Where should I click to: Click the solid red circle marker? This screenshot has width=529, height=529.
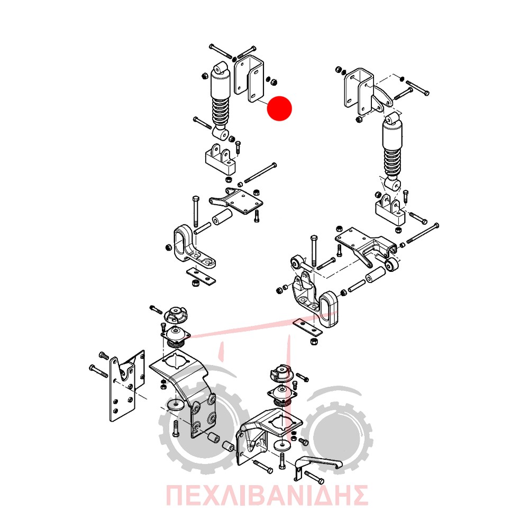pos(279,108)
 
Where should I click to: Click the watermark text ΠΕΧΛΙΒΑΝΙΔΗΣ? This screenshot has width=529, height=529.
pos(267,495)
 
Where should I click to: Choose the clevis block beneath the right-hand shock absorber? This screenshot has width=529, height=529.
pos(391,211)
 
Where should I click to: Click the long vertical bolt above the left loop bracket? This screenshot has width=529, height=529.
pos(196,211)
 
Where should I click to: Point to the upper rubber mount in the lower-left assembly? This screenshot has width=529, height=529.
pos(175,315)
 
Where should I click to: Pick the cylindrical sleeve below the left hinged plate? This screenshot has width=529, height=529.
pos(222,216)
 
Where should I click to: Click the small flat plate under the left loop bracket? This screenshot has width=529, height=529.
pos(202,275)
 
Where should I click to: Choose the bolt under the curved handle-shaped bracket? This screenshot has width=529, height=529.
pos(314,477)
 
